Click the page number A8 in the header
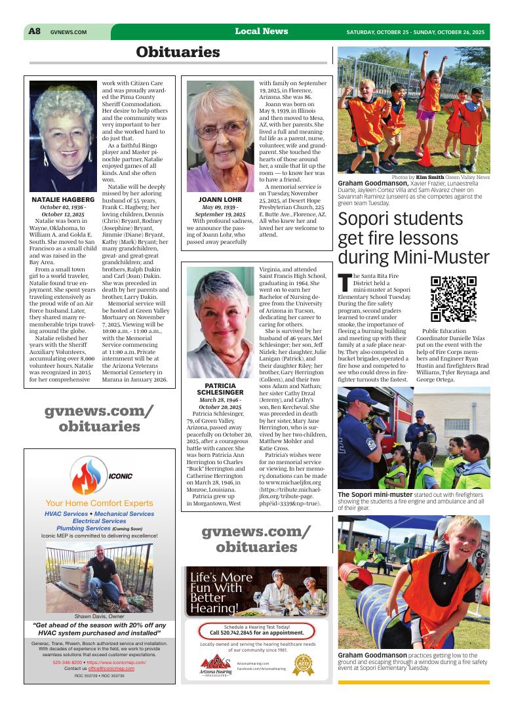pos(35,31)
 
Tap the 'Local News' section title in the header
pos(261,31)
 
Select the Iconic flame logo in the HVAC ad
pos(91,477)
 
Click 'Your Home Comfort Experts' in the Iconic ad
pos(100,503)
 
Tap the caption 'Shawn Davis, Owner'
pos(100,617)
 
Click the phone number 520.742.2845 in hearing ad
pos(256,633)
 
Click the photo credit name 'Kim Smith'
pos(429,177)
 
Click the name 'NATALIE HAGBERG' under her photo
pos(63,199)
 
